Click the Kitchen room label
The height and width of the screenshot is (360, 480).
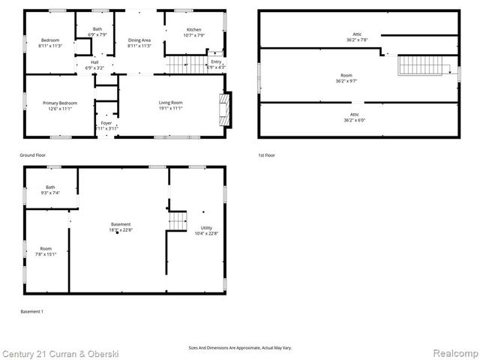pyautogui.click(x=193, y=32)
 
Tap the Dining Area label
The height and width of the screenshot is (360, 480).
pyautogui.click(x=139, y=43)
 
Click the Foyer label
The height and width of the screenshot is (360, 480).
pyautogui.click(x=106, y=125)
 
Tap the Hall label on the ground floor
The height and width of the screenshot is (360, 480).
pyautogui.click(x=94, y=64)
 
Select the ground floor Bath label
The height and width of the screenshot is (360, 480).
pyautogui.click(x=97, y=32)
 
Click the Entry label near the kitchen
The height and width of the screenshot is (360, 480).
pyautogui.click(x=216, y=64)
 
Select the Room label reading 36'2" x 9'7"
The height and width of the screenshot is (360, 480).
pyautogui.click(x=346, y=78)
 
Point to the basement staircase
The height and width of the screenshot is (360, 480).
pyautogui.click(x=178, y=221)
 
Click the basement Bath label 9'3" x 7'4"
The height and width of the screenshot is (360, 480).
pyautogui.click(x=50, y=190)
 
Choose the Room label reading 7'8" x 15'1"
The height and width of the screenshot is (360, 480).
pyautogui.click(x=46, y=250)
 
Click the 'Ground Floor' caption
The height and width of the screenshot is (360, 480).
pyautogui.click(x=34, y=154)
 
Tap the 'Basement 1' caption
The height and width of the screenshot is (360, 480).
pyautogui.click(x=31, y=310)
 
